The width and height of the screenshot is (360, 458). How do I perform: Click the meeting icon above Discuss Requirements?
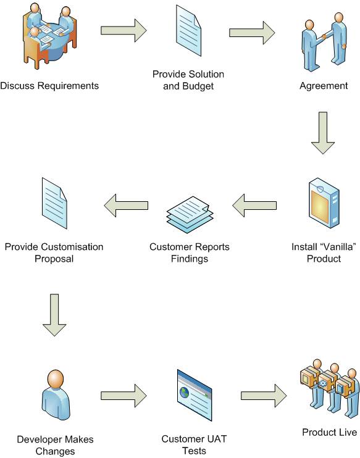pos(49,36)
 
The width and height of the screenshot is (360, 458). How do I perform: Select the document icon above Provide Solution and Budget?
pos(188,31)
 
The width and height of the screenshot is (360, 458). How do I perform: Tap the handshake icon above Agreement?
pos(324,42)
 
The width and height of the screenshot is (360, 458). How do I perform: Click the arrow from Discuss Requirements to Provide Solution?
pos(123,30)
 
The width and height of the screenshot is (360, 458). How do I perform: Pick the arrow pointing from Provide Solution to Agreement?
pos(252,33)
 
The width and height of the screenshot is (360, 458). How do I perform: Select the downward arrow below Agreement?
pos(323,133)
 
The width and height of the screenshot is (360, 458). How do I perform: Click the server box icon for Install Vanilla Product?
pos(324,203)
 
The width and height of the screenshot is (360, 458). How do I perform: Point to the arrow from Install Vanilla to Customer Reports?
pos(254,206)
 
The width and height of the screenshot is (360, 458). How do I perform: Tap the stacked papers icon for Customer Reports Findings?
pos(190,215)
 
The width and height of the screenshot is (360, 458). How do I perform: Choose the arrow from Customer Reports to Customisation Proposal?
pos(126,206)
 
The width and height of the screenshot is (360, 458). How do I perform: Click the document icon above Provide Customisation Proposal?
pos(54,203)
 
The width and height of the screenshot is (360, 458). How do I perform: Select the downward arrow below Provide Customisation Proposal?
pos(54,315)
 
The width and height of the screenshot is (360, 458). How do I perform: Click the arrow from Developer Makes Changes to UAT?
pos(123,396)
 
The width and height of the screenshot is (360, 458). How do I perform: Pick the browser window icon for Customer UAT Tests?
pos(195,395)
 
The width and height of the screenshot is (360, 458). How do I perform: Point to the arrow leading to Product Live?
pos(264,396)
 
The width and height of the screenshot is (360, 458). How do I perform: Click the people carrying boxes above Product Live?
pos(330,388)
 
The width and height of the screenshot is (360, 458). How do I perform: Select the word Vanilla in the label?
pos(338,247)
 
